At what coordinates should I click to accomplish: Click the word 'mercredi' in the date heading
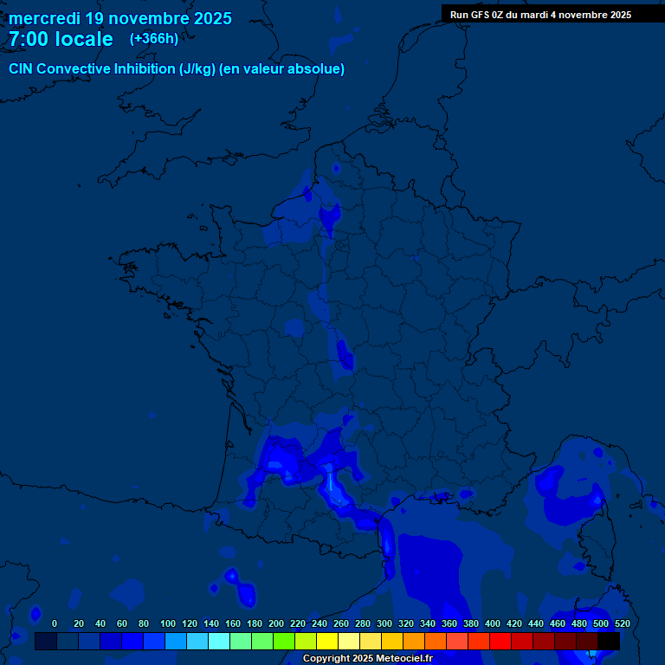coord(45,18)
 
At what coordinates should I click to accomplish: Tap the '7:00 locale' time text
coord(61,40)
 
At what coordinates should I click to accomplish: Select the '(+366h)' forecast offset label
coord(153,39)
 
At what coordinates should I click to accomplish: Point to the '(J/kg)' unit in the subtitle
coord(197,69)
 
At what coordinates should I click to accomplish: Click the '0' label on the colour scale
coord(55,623)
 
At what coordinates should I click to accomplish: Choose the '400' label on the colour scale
coord(493,623)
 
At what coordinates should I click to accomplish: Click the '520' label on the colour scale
coord(622,623)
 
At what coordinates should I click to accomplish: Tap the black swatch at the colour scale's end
coord(609,642)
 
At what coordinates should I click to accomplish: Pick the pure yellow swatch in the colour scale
coord(327,642)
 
